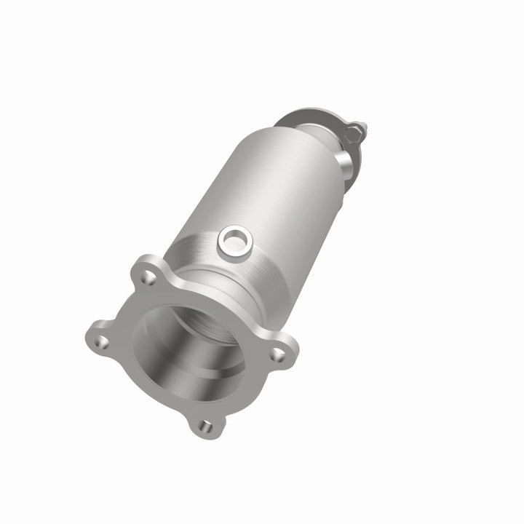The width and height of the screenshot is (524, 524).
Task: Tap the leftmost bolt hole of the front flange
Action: tap(102, 341)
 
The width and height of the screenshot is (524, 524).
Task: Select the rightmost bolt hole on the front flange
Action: tap(277, 354)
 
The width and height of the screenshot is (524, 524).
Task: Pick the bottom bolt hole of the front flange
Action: tap(207, 426)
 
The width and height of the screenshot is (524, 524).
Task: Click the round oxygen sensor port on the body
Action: tap(235, 238)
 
